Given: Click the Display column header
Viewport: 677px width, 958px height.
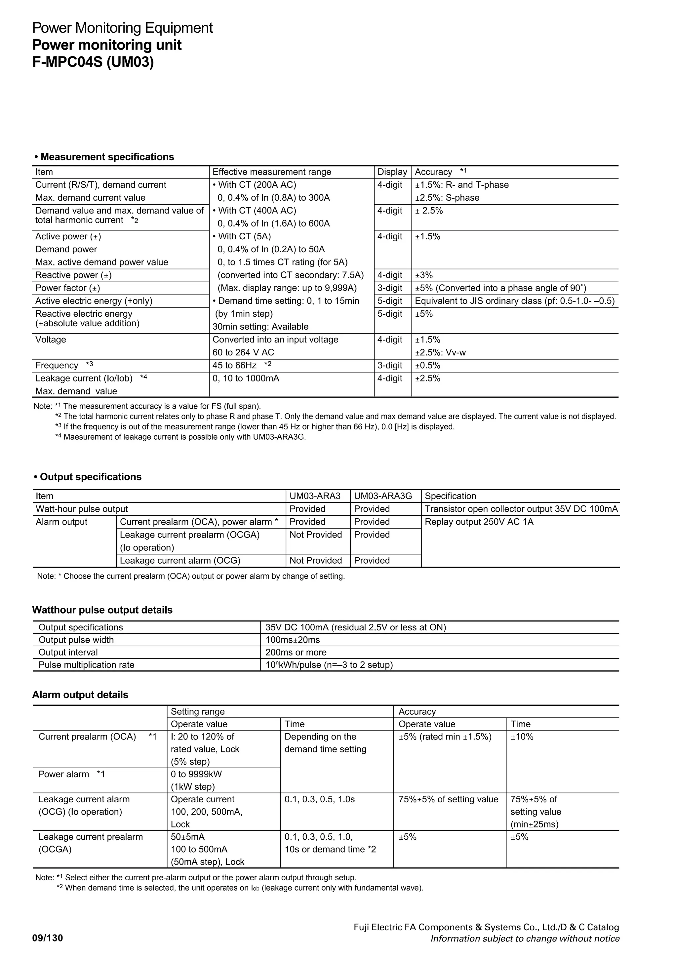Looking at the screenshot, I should [392, 172].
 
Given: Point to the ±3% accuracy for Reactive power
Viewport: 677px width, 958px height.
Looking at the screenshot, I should [424, 275].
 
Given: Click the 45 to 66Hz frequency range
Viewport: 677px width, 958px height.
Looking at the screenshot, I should [234, 366].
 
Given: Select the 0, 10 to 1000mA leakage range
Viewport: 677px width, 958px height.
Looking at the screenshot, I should [246, 379].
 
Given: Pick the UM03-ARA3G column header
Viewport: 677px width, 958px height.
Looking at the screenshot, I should [382, 496].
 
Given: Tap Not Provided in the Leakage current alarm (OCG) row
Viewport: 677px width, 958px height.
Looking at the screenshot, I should [315, 560].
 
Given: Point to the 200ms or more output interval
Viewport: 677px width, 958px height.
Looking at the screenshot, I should [296, 652].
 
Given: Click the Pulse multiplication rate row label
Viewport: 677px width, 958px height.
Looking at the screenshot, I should [86, 665].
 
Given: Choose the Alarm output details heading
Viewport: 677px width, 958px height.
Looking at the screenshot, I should [80, 695].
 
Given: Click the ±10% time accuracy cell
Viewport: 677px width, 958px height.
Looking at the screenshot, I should [522, 737].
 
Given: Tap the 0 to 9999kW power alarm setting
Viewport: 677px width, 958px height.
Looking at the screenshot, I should [196, 775].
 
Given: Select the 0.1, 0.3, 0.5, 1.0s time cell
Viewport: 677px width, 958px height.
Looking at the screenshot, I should [320, 799].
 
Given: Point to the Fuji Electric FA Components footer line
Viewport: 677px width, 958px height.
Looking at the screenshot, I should [486, 927].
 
